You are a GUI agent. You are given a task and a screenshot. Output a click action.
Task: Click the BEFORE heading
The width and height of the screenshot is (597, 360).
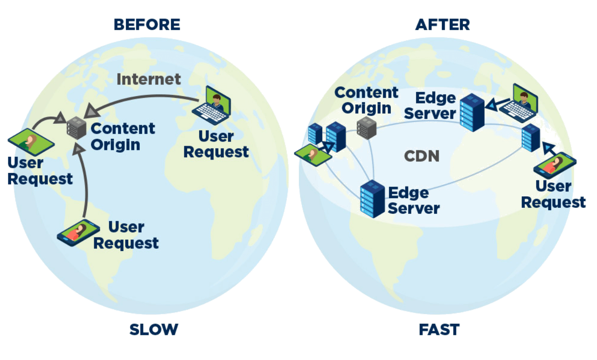pyautogui.click(x=147, y=24)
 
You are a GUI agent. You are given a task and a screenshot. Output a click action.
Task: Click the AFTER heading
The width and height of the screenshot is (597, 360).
pyautogui.click(x=442, y=24)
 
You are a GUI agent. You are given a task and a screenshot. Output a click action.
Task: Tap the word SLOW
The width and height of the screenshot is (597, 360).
pyautogui.click(x=153, y=330)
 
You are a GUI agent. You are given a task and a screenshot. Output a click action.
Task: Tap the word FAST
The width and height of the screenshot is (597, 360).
pyautogui.click(x=439, y=330)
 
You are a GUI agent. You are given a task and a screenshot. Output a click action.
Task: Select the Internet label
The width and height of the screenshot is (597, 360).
pyautogui.click(x=149, y=79)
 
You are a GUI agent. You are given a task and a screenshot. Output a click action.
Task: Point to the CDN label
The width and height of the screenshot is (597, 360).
pyautogui.click(x=422, y=156)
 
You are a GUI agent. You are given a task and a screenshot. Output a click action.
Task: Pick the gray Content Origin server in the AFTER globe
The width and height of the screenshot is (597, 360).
pyautogui.click(x=366, y=128)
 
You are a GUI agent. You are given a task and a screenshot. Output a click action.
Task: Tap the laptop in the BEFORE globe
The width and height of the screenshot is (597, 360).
pyautogui.click(x=212, y=107)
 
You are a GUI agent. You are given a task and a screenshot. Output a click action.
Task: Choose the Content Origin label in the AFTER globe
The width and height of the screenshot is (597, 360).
pyautogui.click(x=366, y=100)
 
